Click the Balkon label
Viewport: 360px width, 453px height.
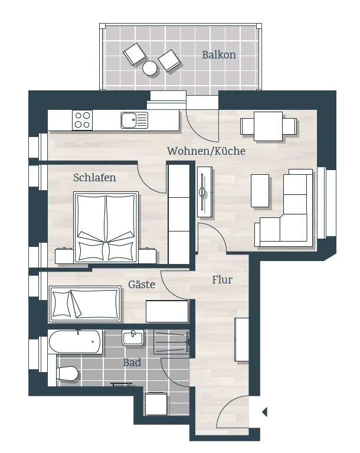pyautogui.click(x=219, y=54)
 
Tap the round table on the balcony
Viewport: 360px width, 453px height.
pyautogui.click(x=150, y=68)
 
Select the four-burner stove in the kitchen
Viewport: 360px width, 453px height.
pyautogui.click(x=82, y=120)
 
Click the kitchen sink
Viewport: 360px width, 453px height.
pyautogui.click(x=134, y=120)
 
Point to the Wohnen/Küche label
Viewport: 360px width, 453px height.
pyautogui.click(x=206, y=151)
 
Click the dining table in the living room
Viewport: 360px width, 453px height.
pyautogui.click(x=268, y=126)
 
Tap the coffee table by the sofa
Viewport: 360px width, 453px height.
pyautogui.click(x=260, y=191)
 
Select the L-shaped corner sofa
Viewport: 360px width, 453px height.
pyautogui.click(x=286, y=208)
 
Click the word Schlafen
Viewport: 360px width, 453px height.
pyautogui.click(x=94, y=177)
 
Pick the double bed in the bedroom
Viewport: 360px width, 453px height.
pyautogui.click(x=106, y=227)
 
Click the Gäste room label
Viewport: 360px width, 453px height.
pyautogui.click(x=142, y=285)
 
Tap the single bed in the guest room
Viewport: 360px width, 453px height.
pyautogui.click(x=85, y=304)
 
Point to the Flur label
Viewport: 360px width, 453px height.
pyautogui.click(x=222, y=280)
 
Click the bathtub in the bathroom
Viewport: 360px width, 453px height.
pyautogui.click(x=75, y=342)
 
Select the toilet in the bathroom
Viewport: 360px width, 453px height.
pyautogui.click(x=67, y=374)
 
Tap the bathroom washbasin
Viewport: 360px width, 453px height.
pyautogui.click(x=133, y=338)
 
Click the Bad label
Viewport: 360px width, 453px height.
pyautogui.click(x=132, y=363)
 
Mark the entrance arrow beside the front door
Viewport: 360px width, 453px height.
pyautogui.click(x=264, y=412)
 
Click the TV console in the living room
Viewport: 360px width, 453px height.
pyautogui.click(x=205, y=192)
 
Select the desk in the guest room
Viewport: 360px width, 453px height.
pyautogui.click(x=167, y=311)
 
